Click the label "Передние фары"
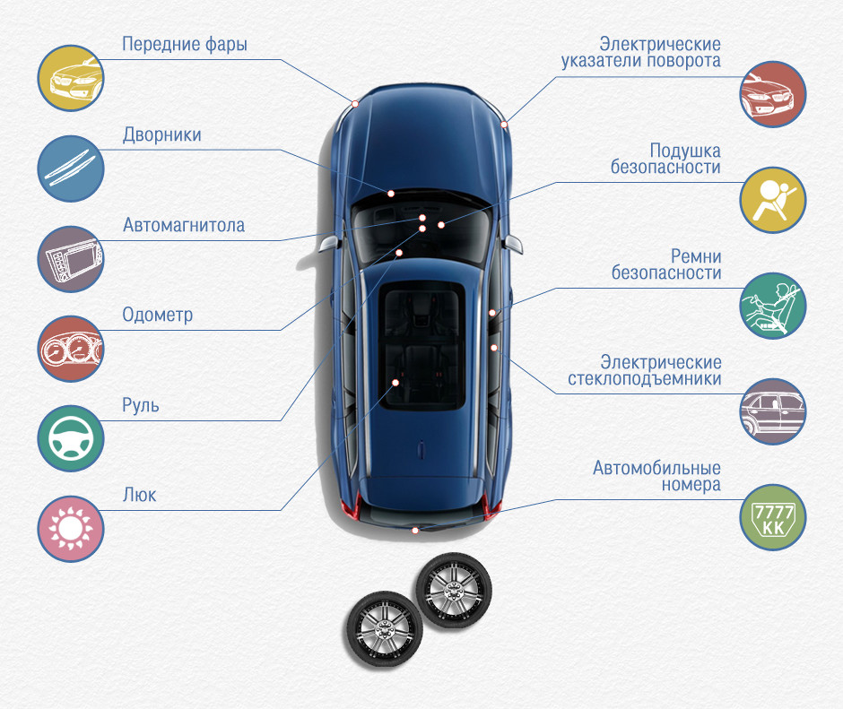click(x=185, y=44)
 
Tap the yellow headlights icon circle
click(x=71, y=78)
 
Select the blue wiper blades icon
click(x=71, y=168)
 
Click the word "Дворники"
click(x=161, y=135)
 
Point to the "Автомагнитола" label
click(x=184, y=225)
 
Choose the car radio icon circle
click(x=71, y=258)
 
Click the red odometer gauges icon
click(x=71, y=349)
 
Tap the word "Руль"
click(x=141, y=406)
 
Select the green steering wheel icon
click(x=71, y=438)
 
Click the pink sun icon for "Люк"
click(x=71, y=529)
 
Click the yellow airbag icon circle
click(x=773, y=200)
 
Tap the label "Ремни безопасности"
click(x=666, y=264)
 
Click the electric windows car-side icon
click(x=773, y=411)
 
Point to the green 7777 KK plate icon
click(x=773, y=517)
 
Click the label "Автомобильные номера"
click(x=656, y=476)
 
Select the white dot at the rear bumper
click(x=415, y=531)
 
